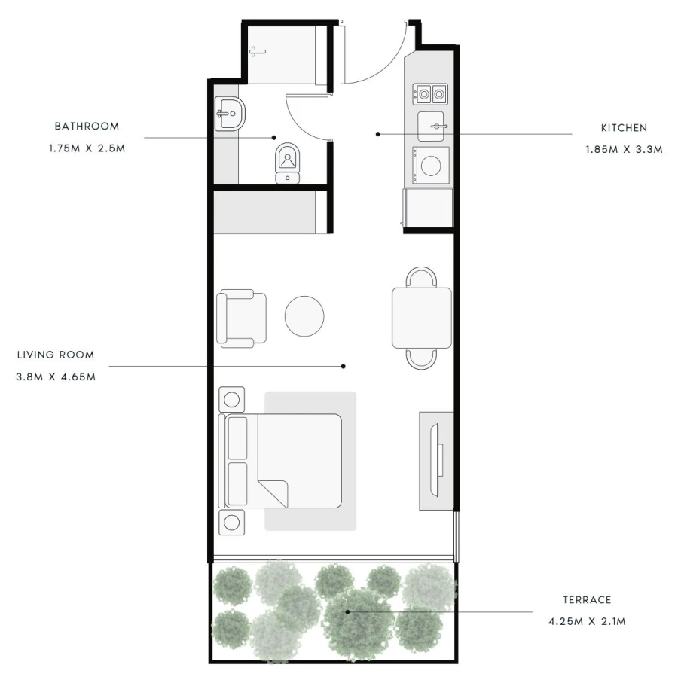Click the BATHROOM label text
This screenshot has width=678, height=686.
click(x=87, y=126)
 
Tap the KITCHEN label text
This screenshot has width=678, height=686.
click(x=624, y=128)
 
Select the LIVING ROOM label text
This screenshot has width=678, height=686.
click(x=56, y=355)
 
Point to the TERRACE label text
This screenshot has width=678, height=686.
click(x=587, y=600)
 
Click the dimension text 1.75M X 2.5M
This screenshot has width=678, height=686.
click(x=87, y=148)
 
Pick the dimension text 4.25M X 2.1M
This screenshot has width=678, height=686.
click(x=587, y=622)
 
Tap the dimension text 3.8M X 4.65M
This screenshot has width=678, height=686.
click(x=56, y=377)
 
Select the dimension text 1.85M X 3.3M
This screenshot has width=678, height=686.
click(x=625, y=150)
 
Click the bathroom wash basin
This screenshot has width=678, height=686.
click(x=230, y=114)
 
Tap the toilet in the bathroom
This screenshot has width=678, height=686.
click(x=288, y=163)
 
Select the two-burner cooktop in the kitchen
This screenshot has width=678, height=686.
click(x=430, y=94)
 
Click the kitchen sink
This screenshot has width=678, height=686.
click(x=431, y=127)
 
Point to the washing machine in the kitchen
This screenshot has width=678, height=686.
click(x=431, y=166)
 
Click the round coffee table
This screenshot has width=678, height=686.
click(x=304, y=316)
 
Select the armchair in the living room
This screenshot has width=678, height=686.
click(x=241, y=318)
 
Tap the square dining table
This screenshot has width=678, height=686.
click(x=422, y=318)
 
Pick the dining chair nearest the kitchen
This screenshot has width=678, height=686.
click(x=421, y=276)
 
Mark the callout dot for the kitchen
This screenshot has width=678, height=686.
click(x=377, y=134)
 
